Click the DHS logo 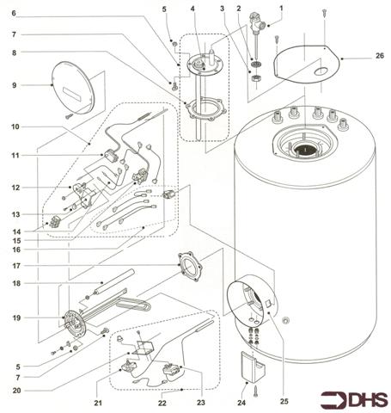(354, 400)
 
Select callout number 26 (380, 56)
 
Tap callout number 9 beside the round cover (15, 85)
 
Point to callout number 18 (16, 283)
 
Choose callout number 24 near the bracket (241, 403)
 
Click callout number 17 (16, 266)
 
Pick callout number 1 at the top (281, 9)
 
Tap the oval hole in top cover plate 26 (321, 71)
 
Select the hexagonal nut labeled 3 (255, 78)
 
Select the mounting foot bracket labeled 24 (253, 367)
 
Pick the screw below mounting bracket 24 (256, 391)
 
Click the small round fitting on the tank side (285, 320)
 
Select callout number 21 (98, 403)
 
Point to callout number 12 (15, 188)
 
